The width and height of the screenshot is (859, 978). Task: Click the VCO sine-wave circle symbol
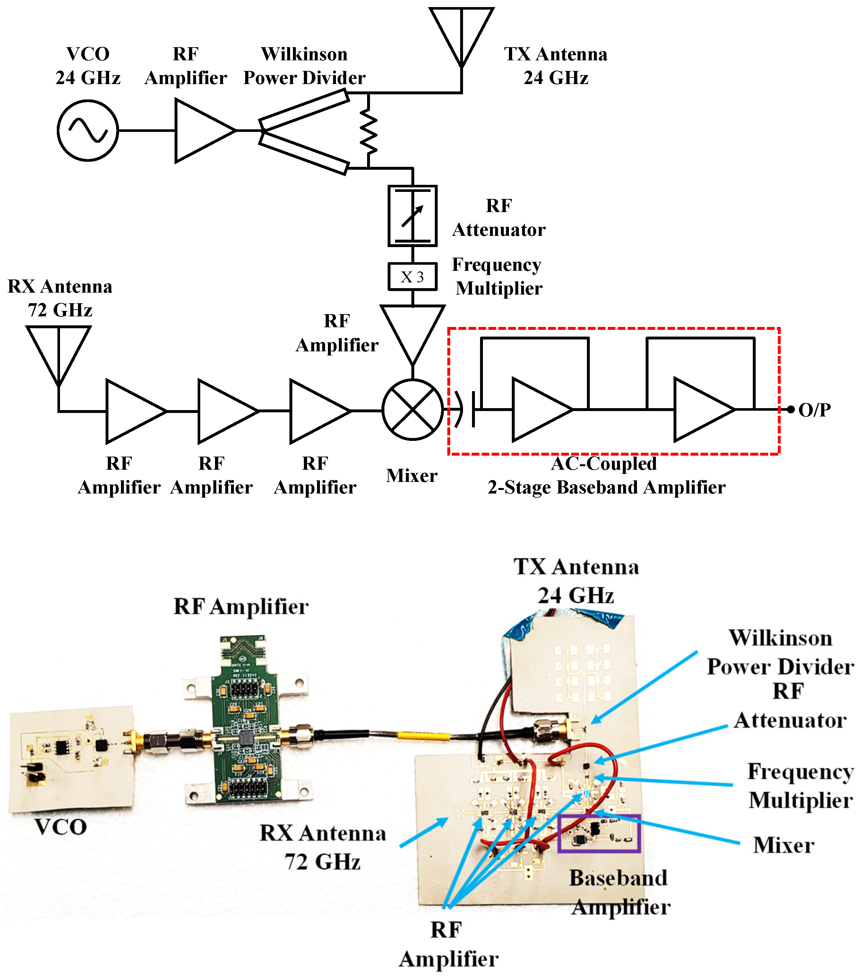pyautogui.click(x=88, y=130)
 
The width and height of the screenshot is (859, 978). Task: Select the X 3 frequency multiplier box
pyautogui.click(x=412, y=277)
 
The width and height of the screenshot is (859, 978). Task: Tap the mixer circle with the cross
pyautogui.click(x=412, y=409)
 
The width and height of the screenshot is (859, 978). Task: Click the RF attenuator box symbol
pyautogui.click(x=412, y=216)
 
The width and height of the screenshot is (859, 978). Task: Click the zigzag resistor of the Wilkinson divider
pyautogui.click(x=368, y=130)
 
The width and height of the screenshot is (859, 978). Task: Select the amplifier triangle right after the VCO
pyautogui.click(x=201, y=130)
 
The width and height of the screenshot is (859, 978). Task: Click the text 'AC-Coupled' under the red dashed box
pyautogui.click(x=604, y=463)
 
